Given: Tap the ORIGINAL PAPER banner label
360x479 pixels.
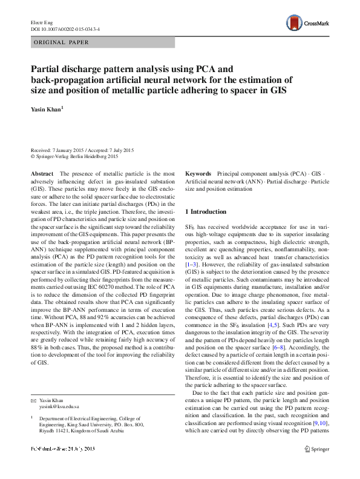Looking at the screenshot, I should (x=61, y=42).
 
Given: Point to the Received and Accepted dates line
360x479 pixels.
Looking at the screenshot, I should (x=82, y=150).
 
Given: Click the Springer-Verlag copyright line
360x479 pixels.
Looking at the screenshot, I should (x=74, y=156).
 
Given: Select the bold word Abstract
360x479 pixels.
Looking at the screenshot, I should (x=42, y=174).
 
